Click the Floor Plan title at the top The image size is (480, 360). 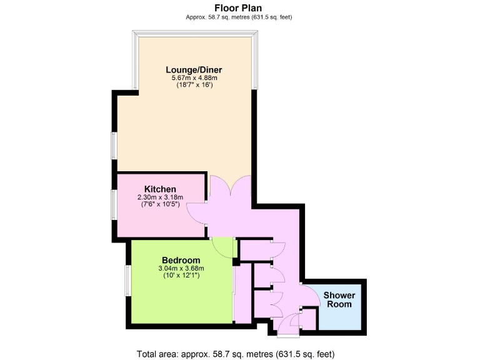pyautogui.click(x=239, y=8)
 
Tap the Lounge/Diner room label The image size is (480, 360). pyautogui.click(x=194, y=69)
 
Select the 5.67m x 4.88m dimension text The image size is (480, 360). pyautogui.click(x=194, y=77)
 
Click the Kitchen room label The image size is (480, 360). pyautogui.click(x=160, y=189)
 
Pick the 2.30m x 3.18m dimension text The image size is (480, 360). pyautogui.click(x=160, y=197)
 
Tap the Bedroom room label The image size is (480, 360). pyautogui.click(x=181, y=260)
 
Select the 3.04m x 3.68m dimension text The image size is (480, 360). pyautogui.click(x=181, y=268)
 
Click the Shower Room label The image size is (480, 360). pyautogui.click(x=339, y=299)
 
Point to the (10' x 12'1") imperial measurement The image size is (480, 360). pyautogui.click(x=181, y=276)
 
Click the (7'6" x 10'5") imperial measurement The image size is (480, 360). pyautogui.click(x=160, y=204)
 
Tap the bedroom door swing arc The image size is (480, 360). pyautogui.click(x=222, y=247)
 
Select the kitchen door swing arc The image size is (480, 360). pyautogui.click(x=199, y=212)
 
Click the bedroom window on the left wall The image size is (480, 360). pyautogui.click(x=126, y=281)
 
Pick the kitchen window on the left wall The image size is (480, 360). pyautogui.click(x=114, y=204)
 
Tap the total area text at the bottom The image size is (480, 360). pyautogui.click(x=239, y=353)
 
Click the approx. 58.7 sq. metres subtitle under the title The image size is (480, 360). pyautogui.click(x=239, y=17)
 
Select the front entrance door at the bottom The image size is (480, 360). pyautogui.click(x=289, y=327)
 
